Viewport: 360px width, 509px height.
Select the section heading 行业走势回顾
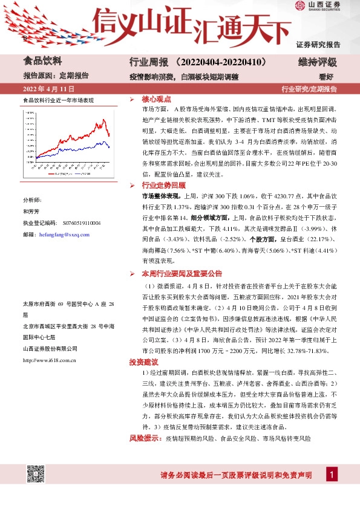coord(163,185)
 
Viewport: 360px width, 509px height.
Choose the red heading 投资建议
coord(143,362)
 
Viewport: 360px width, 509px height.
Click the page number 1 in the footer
coord(331,476)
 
